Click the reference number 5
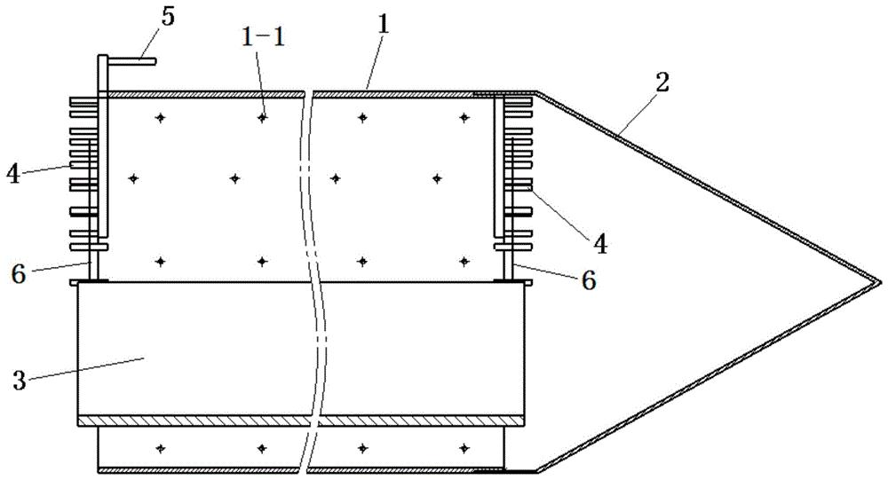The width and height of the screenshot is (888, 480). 168,17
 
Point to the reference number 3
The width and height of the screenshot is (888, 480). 20,381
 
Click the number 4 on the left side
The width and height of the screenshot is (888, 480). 13,174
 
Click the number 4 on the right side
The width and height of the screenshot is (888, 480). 600,245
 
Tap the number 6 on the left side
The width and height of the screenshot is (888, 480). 19,275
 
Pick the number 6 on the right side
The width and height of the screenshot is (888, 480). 589,280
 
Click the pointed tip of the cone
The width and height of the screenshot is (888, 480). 882,280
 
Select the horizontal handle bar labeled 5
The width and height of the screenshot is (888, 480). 131,61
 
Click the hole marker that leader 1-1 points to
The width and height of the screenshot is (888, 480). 262,118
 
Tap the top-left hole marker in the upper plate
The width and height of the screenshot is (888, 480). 162,118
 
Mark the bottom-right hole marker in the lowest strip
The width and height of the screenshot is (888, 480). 464,448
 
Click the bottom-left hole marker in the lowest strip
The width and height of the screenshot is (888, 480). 162,448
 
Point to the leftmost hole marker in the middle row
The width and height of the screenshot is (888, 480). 134,178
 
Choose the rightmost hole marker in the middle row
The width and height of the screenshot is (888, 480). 437,178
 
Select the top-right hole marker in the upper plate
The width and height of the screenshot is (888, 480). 464,118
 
